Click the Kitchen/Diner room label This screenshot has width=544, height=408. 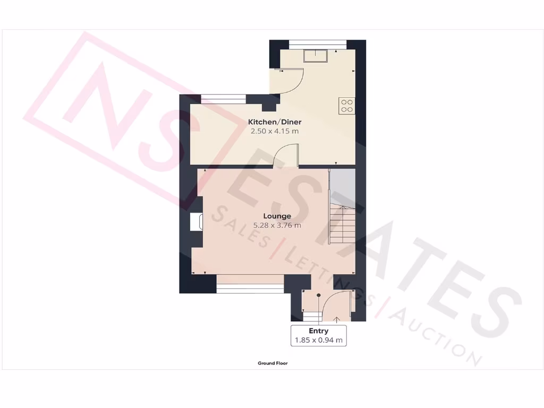click(x=275, y=122)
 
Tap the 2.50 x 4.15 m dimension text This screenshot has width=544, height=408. click(x=275, y=131)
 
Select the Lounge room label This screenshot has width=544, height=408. click(x=277, y=216)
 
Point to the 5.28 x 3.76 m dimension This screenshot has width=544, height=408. click(x=277, y=225)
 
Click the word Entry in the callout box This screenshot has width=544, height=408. click(x=318, y=331)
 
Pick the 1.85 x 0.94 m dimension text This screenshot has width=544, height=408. click(x=318, y=341)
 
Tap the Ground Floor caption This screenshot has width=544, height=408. click(x=273, y=363)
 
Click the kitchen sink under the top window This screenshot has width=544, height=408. click(x=316, y=55)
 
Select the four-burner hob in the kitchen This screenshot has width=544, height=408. click(x=347, y=106)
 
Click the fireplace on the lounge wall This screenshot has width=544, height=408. click(x=196, y=222)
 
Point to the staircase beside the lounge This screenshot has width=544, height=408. click(x=343, y=224)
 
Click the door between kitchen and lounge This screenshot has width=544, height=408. click(x=287, y=156)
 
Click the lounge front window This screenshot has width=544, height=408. click(x=250, y=287)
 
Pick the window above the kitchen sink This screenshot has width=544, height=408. click(x=318, y=45)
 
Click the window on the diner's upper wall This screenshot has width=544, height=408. click(x=223, y=98)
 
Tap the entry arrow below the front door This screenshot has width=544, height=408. click(x=337, y=319)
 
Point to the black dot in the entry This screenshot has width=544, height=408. click(x=319, y=295)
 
